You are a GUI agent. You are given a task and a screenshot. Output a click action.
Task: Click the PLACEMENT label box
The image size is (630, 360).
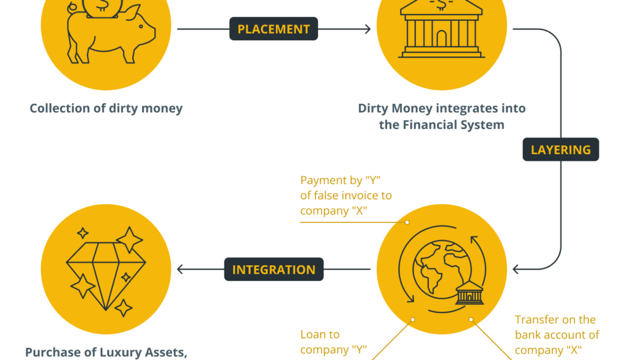(x=274, y=29)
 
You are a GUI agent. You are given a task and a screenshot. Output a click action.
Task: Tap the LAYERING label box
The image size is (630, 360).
(x=561, y=149)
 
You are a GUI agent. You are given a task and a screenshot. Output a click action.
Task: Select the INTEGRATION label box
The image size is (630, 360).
(x=274, y=269)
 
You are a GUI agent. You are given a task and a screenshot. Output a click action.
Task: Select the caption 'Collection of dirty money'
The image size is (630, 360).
(x=106, y=109)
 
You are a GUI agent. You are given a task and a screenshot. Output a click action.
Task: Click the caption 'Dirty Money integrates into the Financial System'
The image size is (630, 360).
(x=442, y=116)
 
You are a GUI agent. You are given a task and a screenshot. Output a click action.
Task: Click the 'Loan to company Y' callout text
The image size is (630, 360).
(x=334, y=342)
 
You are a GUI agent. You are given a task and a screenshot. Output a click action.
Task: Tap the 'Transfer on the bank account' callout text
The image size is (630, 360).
(x=557, y=335)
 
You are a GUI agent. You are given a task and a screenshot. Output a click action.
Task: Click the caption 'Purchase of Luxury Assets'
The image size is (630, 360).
(x=106, y=352)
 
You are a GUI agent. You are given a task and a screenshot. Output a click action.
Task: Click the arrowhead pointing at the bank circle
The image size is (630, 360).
(x=368, y=29)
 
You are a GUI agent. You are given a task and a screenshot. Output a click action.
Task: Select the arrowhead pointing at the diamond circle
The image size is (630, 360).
(x=181, y=269)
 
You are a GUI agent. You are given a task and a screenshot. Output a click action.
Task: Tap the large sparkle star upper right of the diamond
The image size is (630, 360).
(x=130, y=240)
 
